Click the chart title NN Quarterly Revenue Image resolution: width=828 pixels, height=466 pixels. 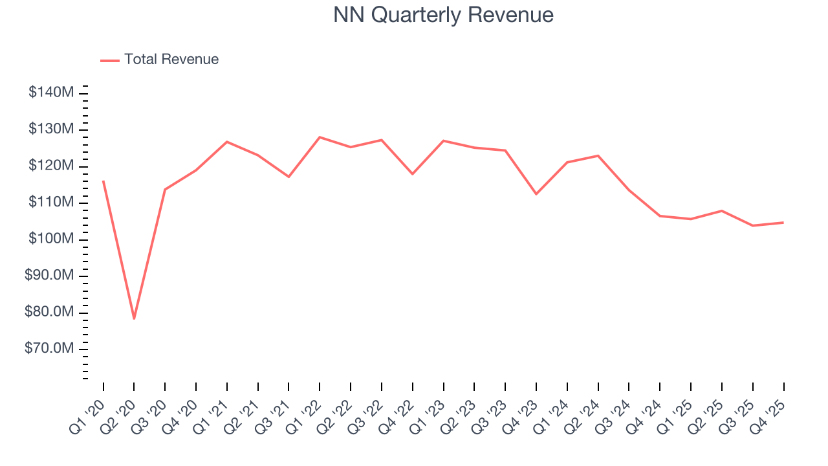point(443,14)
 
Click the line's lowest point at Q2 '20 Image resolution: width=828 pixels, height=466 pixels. point(134,318)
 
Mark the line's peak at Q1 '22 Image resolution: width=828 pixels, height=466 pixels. point(320,137)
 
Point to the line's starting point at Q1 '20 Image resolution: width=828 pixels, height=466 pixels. point(103,181)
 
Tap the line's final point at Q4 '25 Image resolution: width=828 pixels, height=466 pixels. point(783,223)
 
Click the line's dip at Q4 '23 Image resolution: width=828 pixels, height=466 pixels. point(536,194)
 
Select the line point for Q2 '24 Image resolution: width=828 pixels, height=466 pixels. point(598,155)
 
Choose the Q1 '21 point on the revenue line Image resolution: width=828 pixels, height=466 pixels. point(227,142)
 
